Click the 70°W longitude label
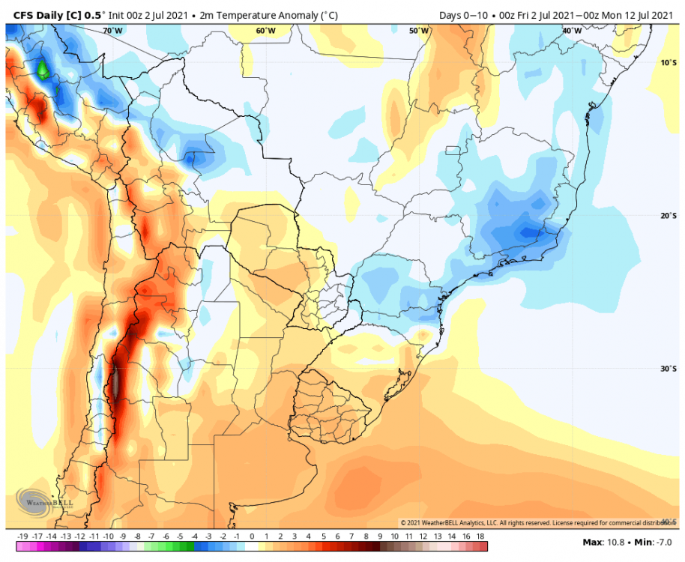pos(112,31)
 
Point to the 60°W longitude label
pos(265,31)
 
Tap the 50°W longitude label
pos(419,31)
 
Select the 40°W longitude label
pos(572,31)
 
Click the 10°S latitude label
pos(669,63)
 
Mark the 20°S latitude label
pos(669,216)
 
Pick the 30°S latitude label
pos(669,369)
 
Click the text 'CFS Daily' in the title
pos(35,13)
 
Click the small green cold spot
pos(43,70)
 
